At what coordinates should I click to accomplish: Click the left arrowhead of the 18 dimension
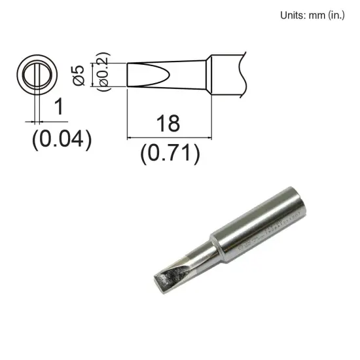(x=129, y=137)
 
